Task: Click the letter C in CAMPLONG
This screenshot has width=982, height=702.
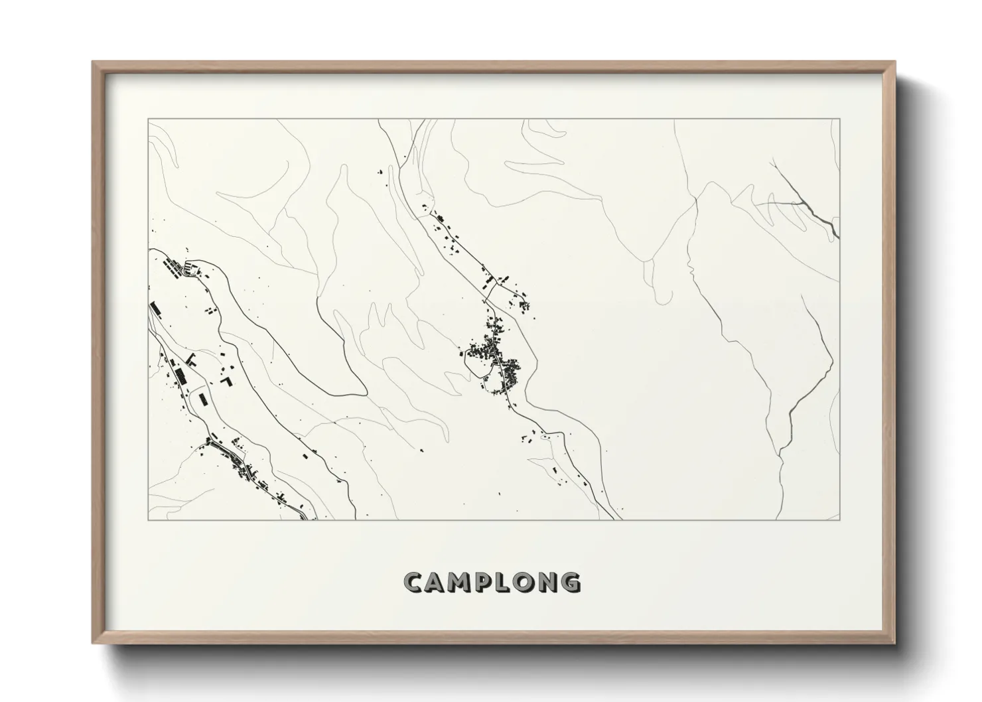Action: (413, 583)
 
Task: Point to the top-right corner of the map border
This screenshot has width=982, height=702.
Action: (839, 119)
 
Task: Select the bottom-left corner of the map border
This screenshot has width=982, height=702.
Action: (149, 520)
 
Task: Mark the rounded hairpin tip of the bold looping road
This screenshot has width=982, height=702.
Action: (362, 391)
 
